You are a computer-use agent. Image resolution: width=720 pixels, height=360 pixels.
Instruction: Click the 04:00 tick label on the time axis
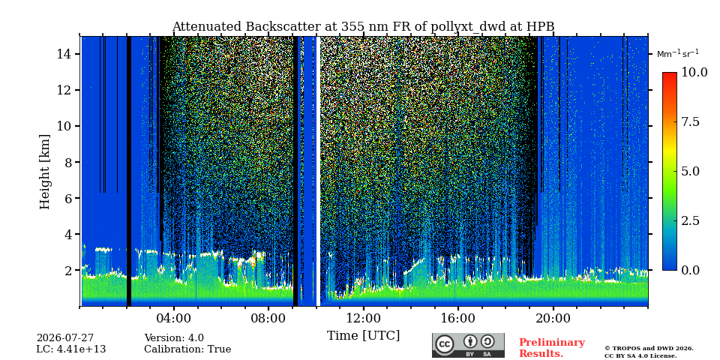(173, 318)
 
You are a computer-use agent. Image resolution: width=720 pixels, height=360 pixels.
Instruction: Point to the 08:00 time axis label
(268, 318)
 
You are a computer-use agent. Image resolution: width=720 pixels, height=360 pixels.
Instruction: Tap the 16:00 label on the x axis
(458, 318)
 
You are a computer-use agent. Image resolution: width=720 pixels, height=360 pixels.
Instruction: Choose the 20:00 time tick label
(553, 318)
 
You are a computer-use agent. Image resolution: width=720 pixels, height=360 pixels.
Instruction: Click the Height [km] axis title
(44, 172)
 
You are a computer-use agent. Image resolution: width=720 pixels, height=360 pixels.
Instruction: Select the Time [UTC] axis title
(363, 335)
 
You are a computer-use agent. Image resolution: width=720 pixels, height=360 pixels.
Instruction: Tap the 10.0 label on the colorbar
(694, 72)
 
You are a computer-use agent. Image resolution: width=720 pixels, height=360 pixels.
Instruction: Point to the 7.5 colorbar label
(690, 121)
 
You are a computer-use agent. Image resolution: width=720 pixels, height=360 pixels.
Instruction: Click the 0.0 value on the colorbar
(690, 270)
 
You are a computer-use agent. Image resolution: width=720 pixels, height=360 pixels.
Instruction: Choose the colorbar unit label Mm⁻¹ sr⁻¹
(678, 54)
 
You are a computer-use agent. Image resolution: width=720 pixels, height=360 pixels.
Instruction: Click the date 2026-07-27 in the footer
(65, 338)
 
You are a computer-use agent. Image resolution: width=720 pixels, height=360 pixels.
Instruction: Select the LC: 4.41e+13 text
(71, 349)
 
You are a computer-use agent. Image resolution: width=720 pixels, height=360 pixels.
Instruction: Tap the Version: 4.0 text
(174, 338)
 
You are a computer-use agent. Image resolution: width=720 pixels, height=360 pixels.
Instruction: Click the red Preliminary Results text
(552, 348)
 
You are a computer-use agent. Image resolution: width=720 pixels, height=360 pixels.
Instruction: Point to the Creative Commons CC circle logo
(445, 344)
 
